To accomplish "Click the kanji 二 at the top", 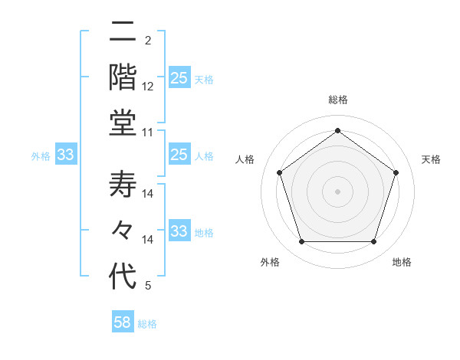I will pos(123,32).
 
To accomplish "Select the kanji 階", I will pos(123,77).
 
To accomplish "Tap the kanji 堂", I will pos(123,123).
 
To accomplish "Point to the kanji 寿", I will pos(123,185).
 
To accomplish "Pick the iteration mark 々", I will pos(123,231).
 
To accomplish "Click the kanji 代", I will pos(123,276).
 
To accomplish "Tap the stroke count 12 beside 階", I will pos(148,87).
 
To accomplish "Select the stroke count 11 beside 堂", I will pos(148,133).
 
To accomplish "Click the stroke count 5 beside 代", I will pos(148,286).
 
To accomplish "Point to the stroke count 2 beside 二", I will pos(148,41).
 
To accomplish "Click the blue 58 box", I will pos(123,322).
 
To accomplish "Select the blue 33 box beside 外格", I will pos(65,155).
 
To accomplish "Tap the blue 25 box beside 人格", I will pos(179,155).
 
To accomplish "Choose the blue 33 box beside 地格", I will pos(179,231).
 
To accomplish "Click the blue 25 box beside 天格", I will pos(179,78).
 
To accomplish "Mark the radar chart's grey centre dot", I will pos(337,191).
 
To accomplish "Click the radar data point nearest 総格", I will pos(337,130).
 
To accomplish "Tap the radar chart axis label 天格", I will pos(431,159).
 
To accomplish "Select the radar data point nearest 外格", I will pos(301,242).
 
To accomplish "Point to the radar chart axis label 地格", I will pos(402,262).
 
